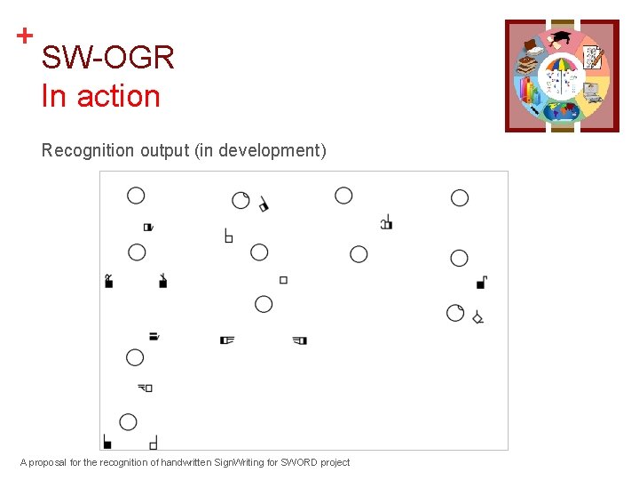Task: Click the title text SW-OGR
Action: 107,59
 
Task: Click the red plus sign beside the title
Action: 25,36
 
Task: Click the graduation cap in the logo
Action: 562,39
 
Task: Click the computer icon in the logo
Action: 591,91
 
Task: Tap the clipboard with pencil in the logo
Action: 593,58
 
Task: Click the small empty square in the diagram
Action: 283,280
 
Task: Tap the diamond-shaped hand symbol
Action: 477,316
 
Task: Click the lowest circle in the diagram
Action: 128,422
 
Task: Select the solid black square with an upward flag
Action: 481,283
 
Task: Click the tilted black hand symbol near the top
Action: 264,205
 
